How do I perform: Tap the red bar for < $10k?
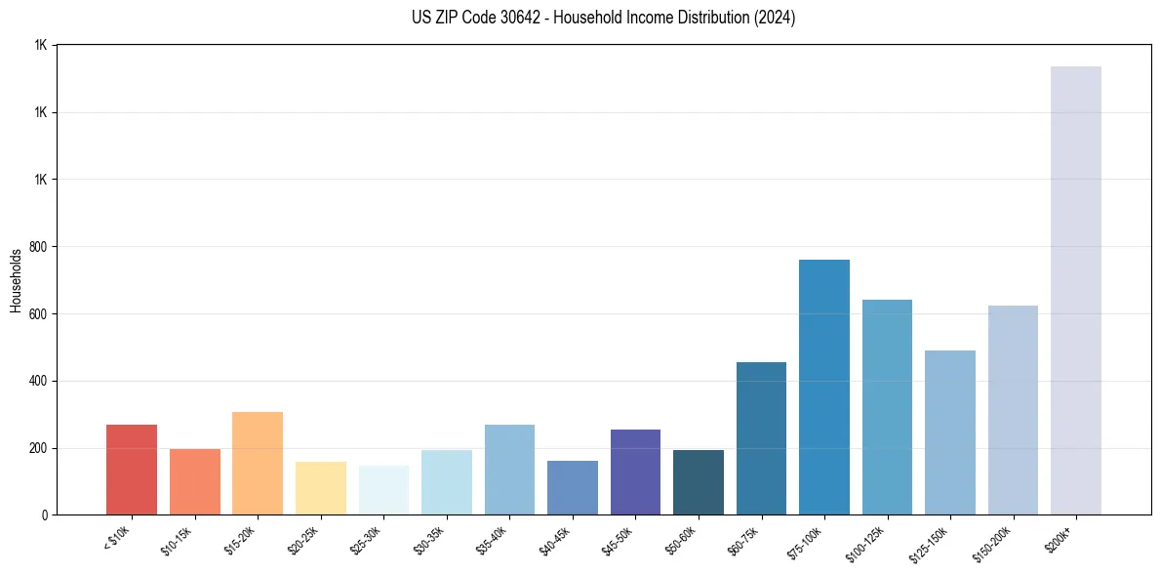pyautogui.click(x=132, y=470)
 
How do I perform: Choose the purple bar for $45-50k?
pyautogui.click(x=635, y=473)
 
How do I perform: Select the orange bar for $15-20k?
pyautogui.click(x=258, y=464)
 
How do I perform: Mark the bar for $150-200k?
pyautogui.click(x=1013, y=410)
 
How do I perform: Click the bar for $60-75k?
pyautogui.click(x=761, y=438)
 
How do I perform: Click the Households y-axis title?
pyautogui.click(x=16, y=280)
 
